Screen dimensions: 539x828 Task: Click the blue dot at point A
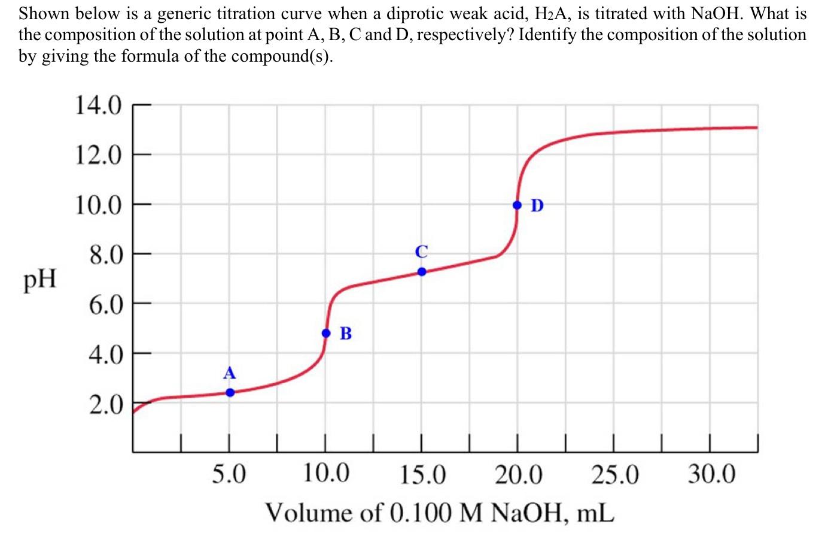[230, 393]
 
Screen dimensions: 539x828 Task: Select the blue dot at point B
[326, 333]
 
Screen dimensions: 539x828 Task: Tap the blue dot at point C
[422, 271]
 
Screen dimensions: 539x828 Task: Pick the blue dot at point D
[517, 205]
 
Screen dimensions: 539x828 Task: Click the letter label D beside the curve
[537, 205]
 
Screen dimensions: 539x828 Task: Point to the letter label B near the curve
[346, 333]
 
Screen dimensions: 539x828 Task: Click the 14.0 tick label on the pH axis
[98, 106]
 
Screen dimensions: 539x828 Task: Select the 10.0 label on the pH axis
[98, 205]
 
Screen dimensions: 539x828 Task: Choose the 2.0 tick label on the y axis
[105, 405]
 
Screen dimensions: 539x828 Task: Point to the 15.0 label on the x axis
[423, 476]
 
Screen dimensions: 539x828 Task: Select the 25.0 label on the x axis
[615, 476]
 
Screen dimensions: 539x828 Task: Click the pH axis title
[40, 279]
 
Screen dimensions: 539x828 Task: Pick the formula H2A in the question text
[550, 13]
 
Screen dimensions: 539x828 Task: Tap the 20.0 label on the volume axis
[519, 476]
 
